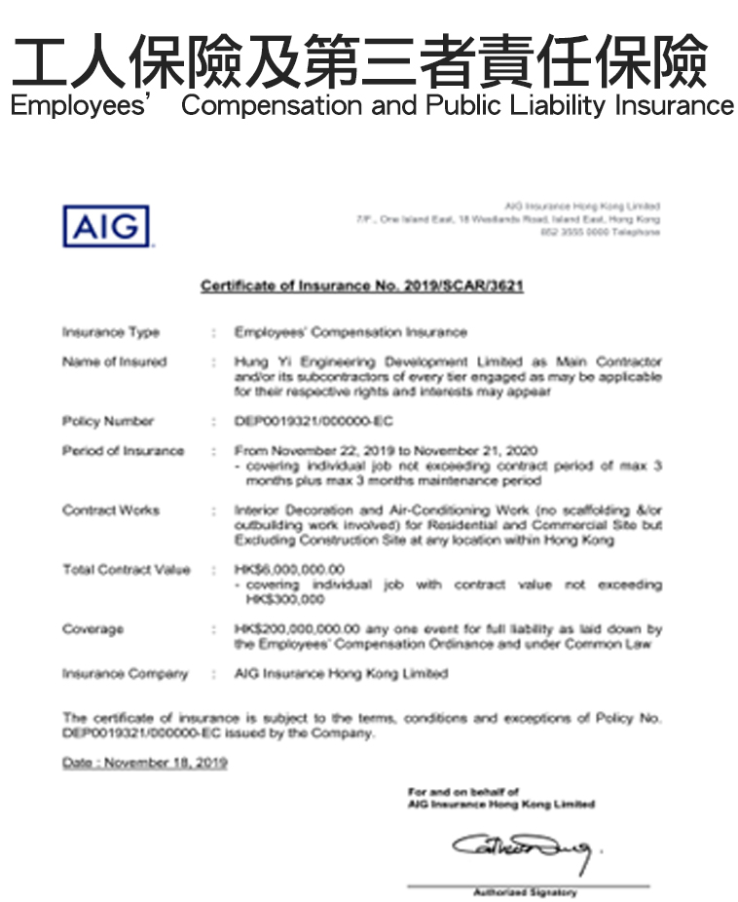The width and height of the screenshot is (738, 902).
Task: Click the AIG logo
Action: [107, 226]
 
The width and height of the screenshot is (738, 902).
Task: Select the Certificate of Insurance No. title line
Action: [361, 285]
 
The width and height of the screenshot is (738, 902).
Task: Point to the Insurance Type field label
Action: [111, 332]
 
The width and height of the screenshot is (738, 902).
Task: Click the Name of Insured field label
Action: [115, 361]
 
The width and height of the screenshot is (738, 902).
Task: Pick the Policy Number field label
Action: [108, 421]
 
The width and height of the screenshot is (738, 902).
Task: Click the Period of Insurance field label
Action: [123, 451]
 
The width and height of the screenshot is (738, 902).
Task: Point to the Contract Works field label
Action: [111, 510]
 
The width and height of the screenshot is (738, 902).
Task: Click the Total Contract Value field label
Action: [127, 570]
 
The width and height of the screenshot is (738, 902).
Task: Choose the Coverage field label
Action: [93, 629]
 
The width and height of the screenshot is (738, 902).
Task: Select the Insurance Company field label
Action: [125, 674]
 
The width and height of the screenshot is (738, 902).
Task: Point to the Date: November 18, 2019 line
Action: [144, 763]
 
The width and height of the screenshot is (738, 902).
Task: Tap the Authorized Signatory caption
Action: [525, 892]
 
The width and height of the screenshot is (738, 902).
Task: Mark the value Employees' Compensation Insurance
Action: [351, 332]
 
